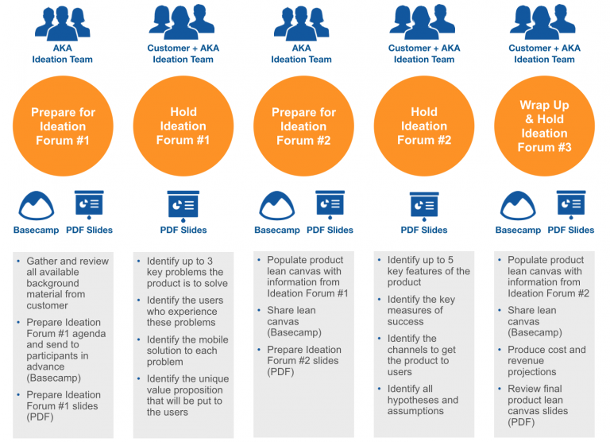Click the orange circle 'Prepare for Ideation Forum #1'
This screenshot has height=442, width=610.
pos(62,126)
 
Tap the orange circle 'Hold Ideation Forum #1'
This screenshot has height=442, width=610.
pos(183,126)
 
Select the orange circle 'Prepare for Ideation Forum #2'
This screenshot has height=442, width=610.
pos(303,126)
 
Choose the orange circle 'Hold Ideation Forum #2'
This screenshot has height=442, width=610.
pos(424,126)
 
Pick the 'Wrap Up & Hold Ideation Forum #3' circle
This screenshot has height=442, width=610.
pos(544,126)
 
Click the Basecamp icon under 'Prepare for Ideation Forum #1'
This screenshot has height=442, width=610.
pos(36,206)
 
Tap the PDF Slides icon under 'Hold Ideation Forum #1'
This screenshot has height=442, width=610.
pos(183,206)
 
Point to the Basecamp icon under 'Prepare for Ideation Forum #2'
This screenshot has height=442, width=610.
pos(277,206)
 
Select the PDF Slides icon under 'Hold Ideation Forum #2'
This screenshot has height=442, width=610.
pos(424,206)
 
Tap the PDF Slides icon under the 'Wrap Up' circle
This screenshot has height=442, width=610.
pos(570,206)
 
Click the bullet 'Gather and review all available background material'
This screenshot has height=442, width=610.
pos(68,283)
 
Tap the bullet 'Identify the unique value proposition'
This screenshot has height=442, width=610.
pos(187,395)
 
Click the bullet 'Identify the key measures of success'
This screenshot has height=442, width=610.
pos(426,310)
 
